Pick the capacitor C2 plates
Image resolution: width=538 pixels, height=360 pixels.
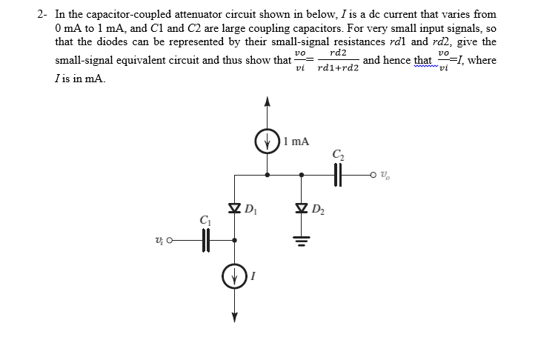tap(340, 175)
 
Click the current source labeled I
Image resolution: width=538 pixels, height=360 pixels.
tap(235, 279)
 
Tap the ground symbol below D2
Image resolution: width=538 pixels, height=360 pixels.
tap(301, 238)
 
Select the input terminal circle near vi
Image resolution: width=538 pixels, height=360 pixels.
tap(169, 240)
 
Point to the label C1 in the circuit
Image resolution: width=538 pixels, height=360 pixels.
tap(205, 220)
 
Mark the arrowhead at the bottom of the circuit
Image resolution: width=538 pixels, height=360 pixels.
tap(235, 318)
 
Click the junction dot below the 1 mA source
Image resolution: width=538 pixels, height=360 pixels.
tap(268, 176)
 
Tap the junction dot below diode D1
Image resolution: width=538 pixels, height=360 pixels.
tap(235, 240)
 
